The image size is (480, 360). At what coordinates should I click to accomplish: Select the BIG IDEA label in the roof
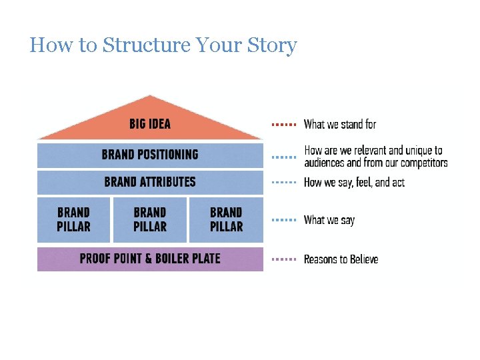(150, 124)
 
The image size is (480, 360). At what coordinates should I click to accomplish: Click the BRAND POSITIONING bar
(150, 155)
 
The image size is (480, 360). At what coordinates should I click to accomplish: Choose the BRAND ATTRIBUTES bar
(150, 182)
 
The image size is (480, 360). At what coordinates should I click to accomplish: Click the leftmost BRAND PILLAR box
(73, 219)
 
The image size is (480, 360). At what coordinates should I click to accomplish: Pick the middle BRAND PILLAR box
(150, 219)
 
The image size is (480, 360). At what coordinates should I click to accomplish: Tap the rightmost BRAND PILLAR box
(226, 219)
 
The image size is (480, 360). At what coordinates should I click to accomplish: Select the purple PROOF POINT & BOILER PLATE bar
(150, 259)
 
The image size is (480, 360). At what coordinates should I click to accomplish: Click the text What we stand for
(340, 124)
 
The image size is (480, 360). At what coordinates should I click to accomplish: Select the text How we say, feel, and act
(354, 182)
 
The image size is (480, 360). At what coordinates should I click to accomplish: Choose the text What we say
(329, 219)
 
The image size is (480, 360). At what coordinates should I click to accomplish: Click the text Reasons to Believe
(341, 259)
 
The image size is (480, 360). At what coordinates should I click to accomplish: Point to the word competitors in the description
(424, 163)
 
